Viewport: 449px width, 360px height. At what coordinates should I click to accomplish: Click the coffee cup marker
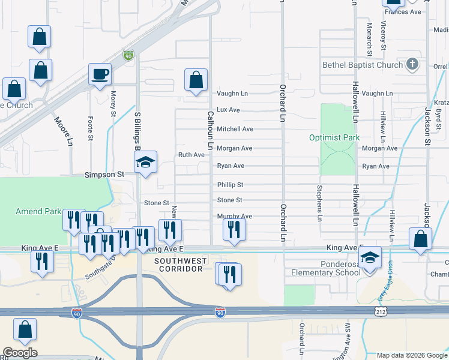100,75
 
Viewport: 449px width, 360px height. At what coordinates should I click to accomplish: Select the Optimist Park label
334,137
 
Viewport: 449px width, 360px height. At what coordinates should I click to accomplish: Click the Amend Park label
38,211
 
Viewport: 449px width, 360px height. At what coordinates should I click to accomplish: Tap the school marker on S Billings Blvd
145,163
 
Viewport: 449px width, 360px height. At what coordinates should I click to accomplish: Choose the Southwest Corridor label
181,265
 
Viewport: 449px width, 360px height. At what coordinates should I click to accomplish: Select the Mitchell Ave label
235,129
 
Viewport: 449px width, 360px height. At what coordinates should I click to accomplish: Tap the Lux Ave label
228,110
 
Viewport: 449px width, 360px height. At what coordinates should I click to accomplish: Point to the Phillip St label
230,185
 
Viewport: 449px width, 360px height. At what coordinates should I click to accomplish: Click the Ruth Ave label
191,155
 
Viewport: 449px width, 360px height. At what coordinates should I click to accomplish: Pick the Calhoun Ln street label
211,130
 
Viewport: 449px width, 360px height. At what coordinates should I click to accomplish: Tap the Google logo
20,353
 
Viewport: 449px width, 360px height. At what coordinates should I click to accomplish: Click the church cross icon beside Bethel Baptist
412,64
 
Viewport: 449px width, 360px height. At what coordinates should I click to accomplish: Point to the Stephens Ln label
319,203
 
